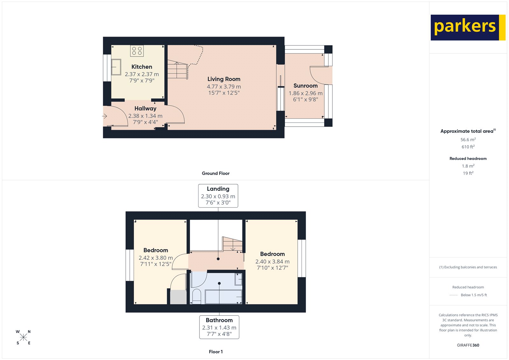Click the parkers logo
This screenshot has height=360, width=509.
(x=468, y=27)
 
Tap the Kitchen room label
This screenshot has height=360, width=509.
(x=142, y=67)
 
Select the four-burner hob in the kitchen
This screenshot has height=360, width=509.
(x=137, y=51)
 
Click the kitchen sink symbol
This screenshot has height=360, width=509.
(x=116, y=67)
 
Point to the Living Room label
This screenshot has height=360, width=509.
(x=224, y=79)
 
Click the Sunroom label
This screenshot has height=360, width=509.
(x=305, y=86)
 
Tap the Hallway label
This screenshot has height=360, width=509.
(x=145, y=109)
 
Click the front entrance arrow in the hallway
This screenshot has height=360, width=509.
(x=104, y=116)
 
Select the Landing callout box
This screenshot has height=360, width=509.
(x=218, y=196)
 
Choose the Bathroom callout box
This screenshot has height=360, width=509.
(x=219, y=327)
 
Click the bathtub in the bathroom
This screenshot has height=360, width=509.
(x=223, y=297)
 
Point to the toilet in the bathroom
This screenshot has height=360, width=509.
(x=197, y=296)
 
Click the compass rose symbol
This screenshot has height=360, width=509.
(x=23, y=337)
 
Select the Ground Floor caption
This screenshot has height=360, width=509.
(x=216, y=173)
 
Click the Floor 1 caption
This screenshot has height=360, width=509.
(x=216, y=352)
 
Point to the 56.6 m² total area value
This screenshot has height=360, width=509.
(x=468, y=140)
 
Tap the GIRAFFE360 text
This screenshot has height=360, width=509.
(x=468, y=345)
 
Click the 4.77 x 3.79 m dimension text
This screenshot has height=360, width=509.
(x=224, y=87)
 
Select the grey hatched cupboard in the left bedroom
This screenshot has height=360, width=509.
(x=178, y=297)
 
